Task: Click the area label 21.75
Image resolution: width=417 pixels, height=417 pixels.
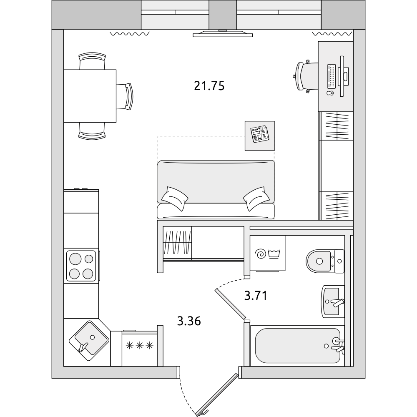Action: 209,86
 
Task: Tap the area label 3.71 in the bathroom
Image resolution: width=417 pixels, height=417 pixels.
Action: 256,296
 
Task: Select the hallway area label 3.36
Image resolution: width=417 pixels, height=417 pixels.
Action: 189,321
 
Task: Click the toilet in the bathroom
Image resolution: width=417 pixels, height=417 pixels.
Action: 325,261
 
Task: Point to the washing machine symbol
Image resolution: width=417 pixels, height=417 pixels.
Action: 268,254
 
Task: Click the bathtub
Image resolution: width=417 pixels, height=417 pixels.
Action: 298,345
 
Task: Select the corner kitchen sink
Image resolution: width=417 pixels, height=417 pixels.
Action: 89,341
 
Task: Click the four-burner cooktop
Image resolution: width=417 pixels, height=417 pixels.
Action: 81,266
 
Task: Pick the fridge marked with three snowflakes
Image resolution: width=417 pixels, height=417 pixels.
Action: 140,348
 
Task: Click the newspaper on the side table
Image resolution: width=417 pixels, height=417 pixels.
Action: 259,134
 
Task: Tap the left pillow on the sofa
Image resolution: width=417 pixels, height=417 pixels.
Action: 175,198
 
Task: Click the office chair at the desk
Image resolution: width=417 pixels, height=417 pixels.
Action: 305,76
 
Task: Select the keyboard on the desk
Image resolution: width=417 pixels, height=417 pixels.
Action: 332,76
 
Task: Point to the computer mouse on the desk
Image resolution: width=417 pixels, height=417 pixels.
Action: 330,93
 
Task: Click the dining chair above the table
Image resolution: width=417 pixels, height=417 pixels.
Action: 92,61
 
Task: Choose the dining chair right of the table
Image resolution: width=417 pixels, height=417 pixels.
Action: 124,96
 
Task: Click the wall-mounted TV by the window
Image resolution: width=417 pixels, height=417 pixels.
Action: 223,33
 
